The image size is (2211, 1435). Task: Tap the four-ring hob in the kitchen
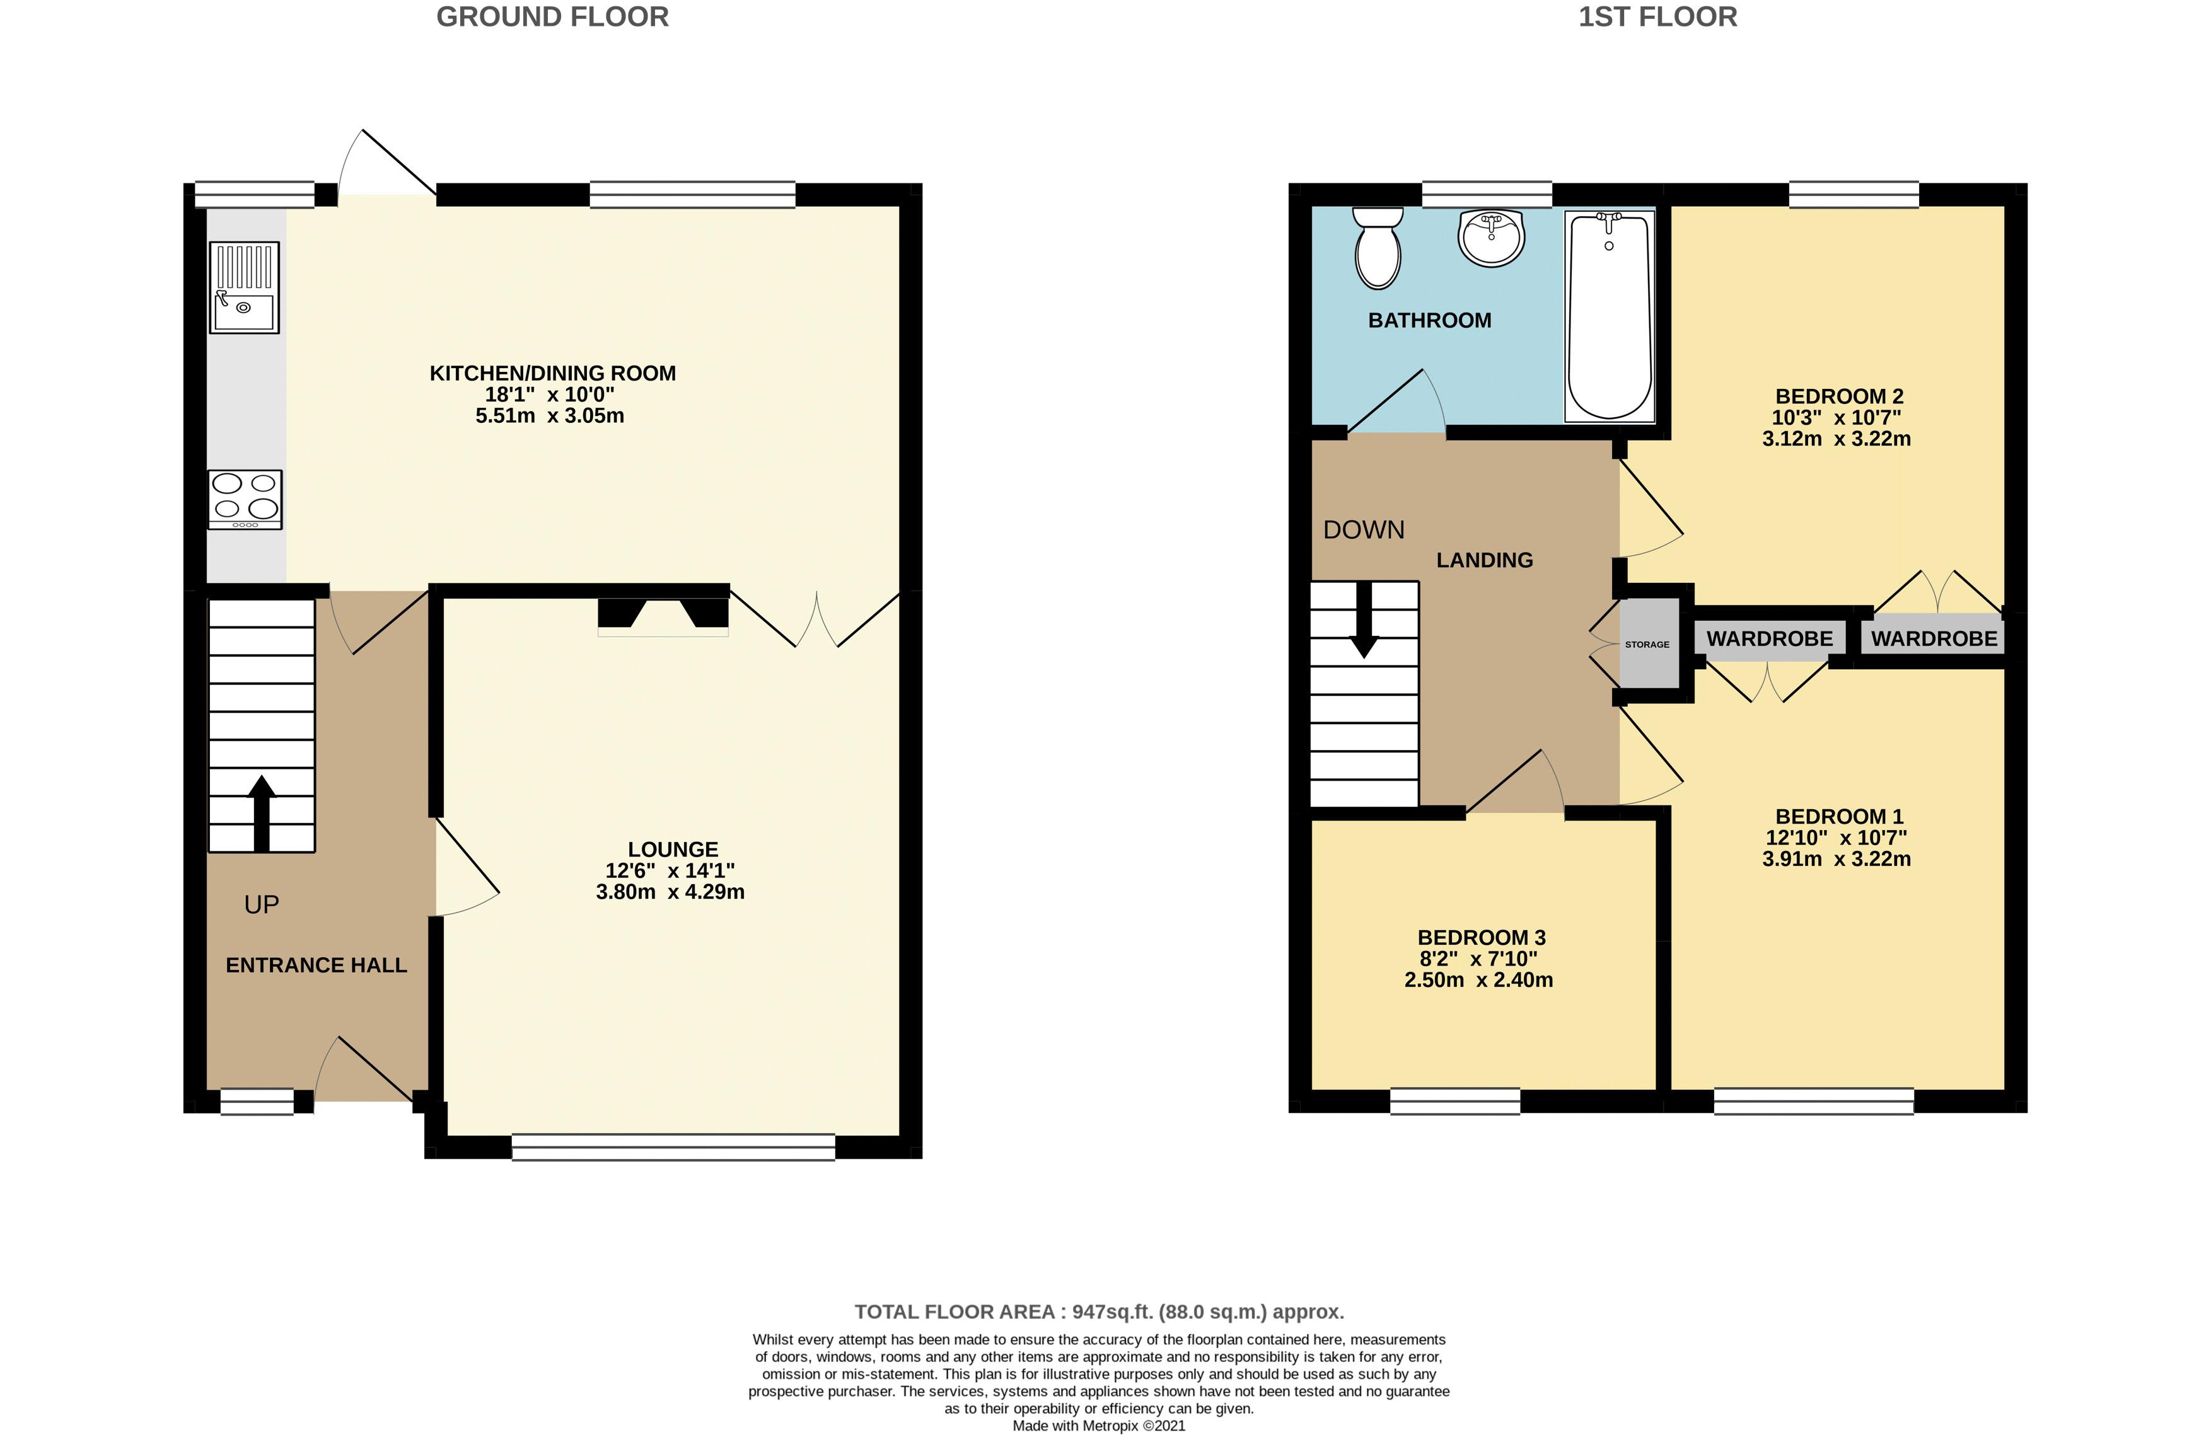(245, 499)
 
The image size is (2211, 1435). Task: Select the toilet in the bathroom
(1378, 249)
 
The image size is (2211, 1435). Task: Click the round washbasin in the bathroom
(1491, 238)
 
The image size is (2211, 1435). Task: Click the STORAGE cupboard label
(1647, 643)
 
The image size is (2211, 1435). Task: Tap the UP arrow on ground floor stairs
(262, 813)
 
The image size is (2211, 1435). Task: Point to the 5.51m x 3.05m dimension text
(550, 416)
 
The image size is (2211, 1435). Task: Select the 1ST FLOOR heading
(1657, 17)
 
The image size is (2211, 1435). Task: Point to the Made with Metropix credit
(1098, 1426)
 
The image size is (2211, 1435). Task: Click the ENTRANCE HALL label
(316, 965)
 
